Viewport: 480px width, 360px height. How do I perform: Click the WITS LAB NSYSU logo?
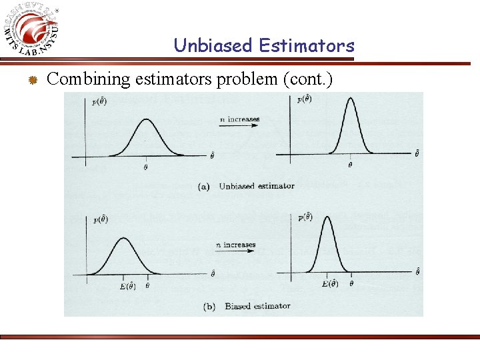point(33,31)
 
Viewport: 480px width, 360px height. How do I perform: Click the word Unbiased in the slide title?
point(213,45)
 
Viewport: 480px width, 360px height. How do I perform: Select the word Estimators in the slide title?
point(306,45)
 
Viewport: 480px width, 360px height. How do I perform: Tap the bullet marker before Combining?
point(31,81)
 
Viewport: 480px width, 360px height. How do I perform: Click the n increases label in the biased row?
point(235,245)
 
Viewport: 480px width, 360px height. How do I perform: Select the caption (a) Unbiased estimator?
point(246,186)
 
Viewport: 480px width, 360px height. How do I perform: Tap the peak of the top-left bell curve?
point(146,121)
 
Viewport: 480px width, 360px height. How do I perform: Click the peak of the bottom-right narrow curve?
point(327,218)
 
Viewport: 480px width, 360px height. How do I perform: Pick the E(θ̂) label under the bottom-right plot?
point(329,284)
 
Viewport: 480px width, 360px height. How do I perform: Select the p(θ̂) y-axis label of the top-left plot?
point(102,102)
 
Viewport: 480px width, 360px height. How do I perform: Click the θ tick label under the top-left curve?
point(146,167)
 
